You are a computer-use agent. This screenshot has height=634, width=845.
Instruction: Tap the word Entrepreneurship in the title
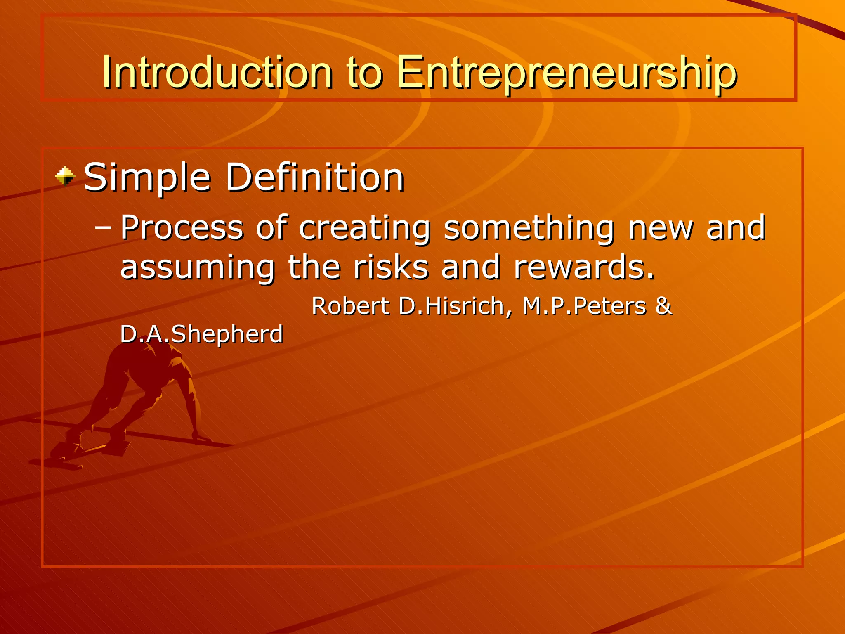pos(566,73)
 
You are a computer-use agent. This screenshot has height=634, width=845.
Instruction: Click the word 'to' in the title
pos(365,73)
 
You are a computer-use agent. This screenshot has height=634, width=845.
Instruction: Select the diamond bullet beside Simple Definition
pos(65,176)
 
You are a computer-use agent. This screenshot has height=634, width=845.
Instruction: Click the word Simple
pos(148,178)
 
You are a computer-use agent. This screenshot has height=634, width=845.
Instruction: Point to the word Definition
pos(314,177)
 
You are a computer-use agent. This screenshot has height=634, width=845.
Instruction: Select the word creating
pos(365,228)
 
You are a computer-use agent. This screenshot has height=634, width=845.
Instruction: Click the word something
pos(529,228)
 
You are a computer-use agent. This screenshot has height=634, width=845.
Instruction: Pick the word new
pos(661,228)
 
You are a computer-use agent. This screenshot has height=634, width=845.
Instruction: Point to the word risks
pos(390,267)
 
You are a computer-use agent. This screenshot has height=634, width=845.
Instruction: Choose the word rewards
pos(584,267)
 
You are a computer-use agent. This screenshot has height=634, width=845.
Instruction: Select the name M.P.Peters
pos(584,306)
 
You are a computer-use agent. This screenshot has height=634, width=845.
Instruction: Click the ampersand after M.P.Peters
pos(663,306)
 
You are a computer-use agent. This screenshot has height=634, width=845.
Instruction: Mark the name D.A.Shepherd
pos(201,334)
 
